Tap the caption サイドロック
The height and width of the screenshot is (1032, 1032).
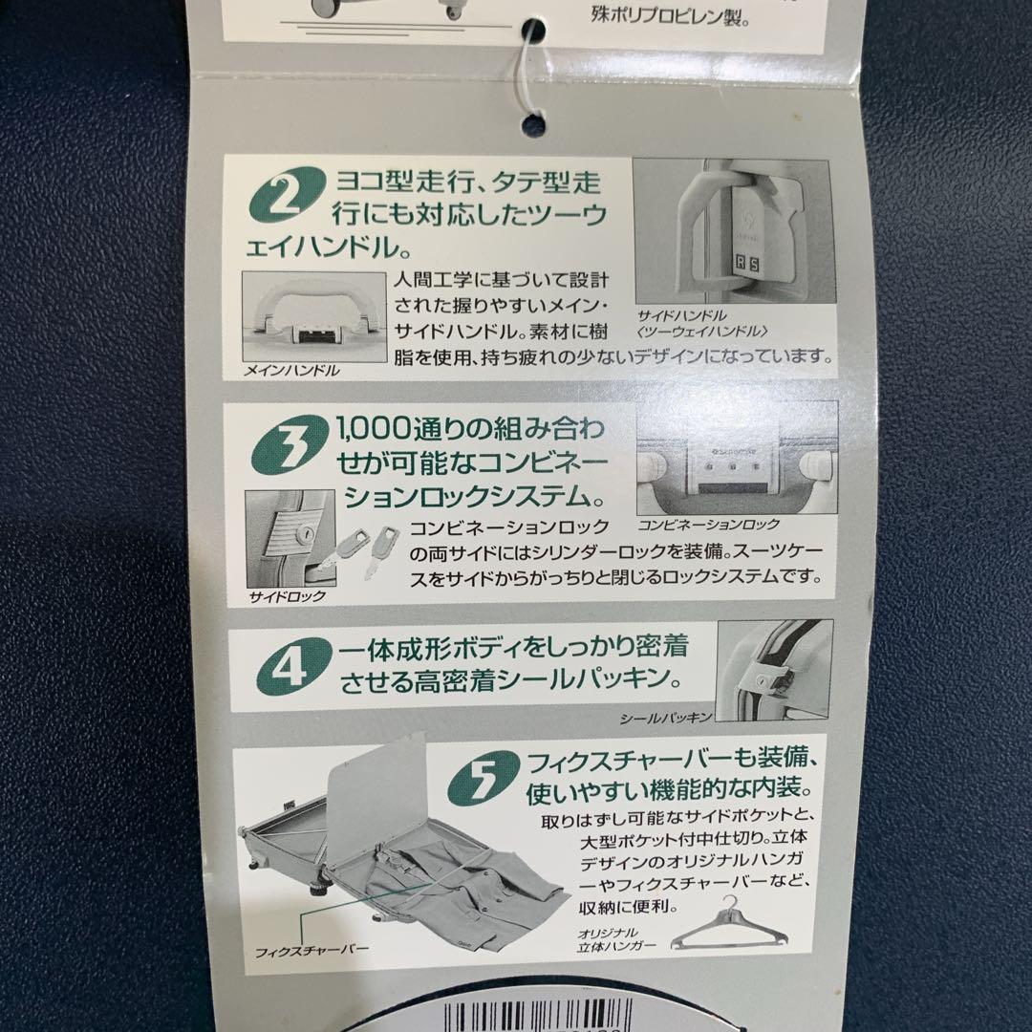[x=287, y=596]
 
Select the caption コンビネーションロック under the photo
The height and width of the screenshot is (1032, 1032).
[x=708, y=525]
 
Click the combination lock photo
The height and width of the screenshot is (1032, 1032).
[x=735, y=459]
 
